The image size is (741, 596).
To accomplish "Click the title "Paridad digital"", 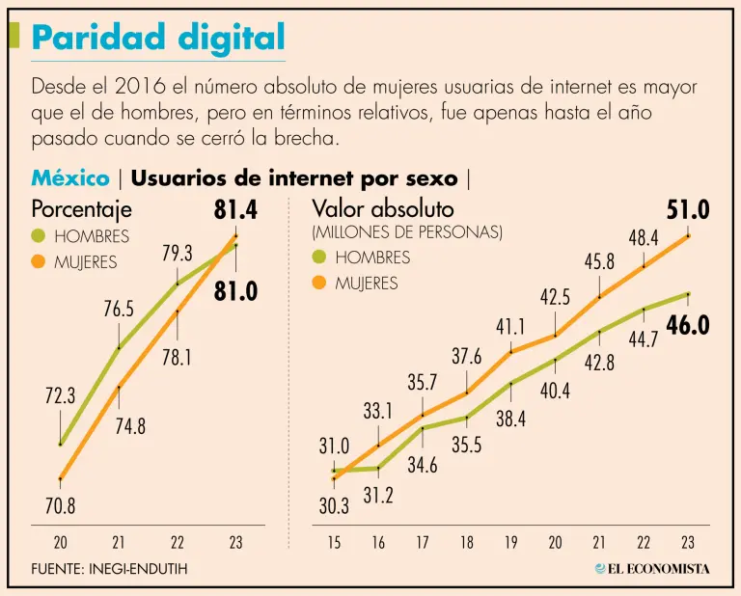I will pyautogui.click(x=158, y=38).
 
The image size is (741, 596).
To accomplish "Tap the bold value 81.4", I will pyautogui.click(x=235, y=208).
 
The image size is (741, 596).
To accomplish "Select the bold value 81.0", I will pyautogui.click(x=235, y=291).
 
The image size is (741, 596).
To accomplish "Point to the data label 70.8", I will pyautogui.click(x=60, y=504).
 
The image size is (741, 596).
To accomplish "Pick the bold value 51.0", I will pyautogui.click(x=688, y=209).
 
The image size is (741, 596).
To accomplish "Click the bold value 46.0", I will pyautogui.click(x=688, y=325).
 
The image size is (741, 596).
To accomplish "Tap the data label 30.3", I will pyautogui.click(x=334, y=504).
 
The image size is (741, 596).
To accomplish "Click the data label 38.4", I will pyautogui.click(x=510, y=420).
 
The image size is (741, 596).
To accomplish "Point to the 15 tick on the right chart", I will pyautogui.click(x=334, y=543).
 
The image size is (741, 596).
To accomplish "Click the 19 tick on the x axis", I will pyautogui.click(x=510, y=543).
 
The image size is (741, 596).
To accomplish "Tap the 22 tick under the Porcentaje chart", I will pyautogui.click(x=178, y=543).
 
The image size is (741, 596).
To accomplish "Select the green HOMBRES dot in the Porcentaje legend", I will pyautogui.click(x=39, y=235).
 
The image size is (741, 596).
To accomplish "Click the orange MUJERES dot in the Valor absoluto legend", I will pyautogui.click(x=319, y=283).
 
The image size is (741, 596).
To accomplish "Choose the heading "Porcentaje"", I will pyautogui.click(x=82, y=208).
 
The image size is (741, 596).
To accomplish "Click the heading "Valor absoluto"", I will pyautogui.click(x=383, y=208).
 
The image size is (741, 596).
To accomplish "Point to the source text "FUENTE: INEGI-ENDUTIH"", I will pyautogui.click(x=109, y=569).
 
